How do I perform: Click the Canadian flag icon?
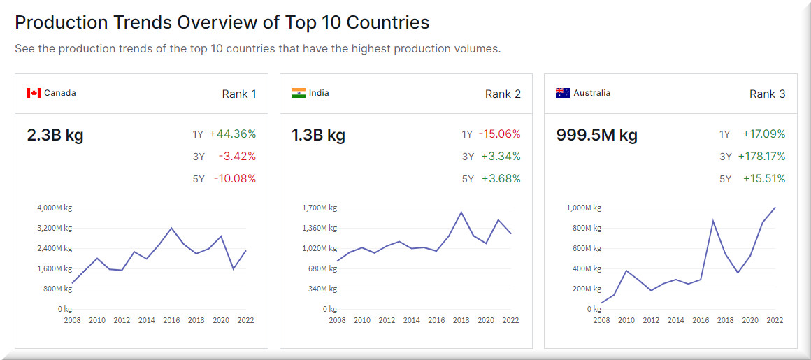(x=34, y=93)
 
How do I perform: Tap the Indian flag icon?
(x=299, y=93)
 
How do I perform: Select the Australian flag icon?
(x=563, y=93)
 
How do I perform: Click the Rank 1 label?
(x=239, y=94)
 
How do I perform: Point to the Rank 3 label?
(x=768, y=94)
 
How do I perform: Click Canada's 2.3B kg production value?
(x=55, y=135)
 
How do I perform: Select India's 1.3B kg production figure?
(x=318, y=135)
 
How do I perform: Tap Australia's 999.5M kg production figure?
(x=596, y=135)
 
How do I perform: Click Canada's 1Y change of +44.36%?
(x=233, y=134)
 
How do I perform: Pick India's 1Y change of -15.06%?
(x=499, y=134)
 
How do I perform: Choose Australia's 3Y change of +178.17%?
(x=761, y=157)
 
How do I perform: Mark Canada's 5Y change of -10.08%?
(x=235, y=179)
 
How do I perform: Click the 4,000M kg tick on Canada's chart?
(x=55, y=208)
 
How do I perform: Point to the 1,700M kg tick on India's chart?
(x=319, y=208)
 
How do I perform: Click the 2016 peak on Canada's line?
(x=171, y=228)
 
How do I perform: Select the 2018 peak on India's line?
(x=461, y=212)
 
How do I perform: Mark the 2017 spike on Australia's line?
(x=712, y=221)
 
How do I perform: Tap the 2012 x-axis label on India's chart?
(x=387, y=320)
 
